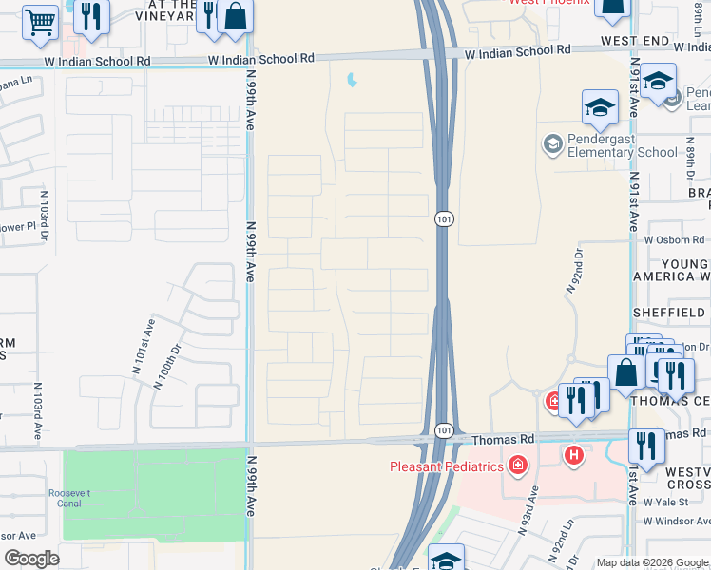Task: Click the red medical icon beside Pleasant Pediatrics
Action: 517,465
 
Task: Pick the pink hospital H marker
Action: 573,456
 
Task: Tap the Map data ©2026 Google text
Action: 651,562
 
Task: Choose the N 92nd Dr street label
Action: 577,267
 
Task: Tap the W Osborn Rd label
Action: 678,239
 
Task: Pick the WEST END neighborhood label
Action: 636,43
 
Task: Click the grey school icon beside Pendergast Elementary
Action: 551,144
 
